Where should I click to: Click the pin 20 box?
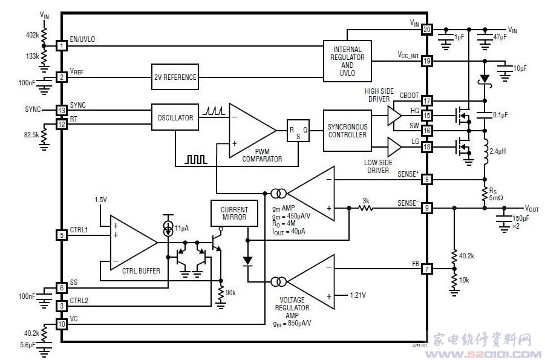[427, 30]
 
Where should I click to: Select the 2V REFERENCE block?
[175, 77]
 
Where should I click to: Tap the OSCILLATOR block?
[175, 117]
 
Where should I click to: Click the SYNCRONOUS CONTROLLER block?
[347, 131]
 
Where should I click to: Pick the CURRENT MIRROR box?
[234, 213]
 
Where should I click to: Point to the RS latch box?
[298, 131]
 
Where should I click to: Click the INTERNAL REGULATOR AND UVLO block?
[347, 61]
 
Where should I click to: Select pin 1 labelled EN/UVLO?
[62, 45]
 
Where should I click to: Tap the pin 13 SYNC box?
[62, 110]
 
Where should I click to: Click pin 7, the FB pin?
[427, 269]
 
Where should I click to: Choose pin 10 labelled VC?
[62, 324]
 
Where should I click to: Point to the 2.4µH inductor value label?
[497, 151]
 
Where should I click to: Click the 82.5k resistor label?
[31, 134]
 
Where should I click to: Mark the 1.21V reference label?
[357, 295]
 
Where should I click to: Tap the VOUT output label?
[532, 208]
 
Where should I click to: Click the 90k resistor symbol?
[221, 293]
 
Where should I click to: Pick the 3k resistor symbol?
[365, 208]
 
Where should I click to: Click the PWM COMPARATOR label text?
[262, 155]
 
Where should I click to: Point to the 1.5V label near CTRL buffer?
[100, 200]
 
